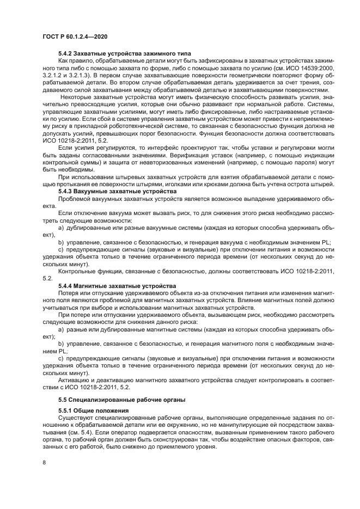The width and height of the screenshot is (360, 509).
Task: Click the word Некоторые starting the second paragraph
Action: (77, 96)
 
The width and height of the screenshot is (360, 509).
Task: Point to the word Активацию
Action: (75, 379)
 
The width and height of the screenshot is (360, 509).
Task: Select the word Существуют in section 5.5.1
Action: (77, 418)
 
